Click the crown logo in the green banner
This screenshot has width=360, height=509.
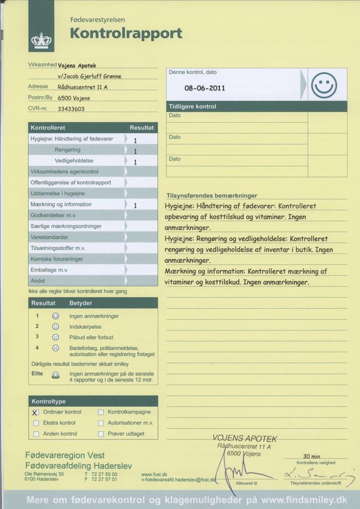tap(41, 41)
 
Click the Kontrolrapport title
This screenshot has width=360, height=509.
tap(126, 33)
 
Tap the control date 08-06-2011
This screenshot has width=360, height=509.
tap(205, 88)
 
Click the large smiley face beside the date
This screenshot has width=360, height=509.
tap(324, 85)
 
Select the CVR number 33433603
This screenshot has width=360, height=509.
tap(71, 109)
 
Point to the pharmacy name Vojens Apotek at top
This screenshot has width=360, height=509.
tap(77, 65)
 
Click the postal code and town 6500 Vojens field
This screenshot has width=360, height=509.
tap(74, 98)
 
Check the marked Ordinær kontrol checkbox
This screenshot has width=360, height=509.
tap(36, 412)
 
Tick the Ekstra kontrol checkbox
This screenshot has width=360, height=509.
tap(36, 423)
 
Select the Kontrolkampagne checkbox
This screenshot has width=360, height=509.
tap(101, 412)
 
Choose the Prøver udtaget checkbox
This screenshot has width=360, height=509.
tap(101, 434)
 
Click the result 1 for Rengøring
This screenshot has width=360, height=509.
tap(135, 151)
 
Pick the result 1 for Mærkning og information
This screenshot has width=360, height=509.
tap(135, 206)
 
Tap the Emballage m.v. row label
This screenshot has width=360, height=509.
tap(49, 270)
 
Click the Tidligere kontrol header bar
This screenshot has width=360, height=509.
tap(256, 107)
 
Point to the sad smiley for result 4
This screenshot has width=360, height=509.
tap(55, 348)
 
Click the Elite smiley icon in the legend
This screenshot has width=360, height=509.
tap(55, 374)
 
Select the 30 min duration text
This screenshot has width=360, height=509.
tap(312, 456)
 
